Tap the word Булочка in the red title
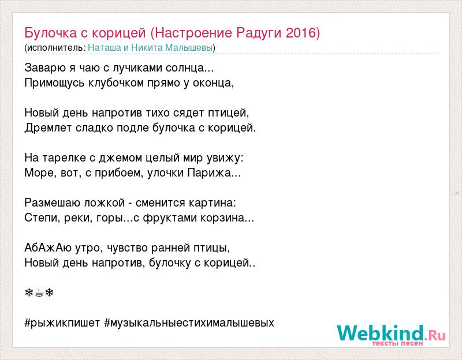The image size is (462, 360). pos(51,33)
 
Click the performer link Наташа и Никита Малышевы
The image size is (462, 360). pos(150,47)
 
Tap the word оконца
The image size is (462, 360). pos(212,83)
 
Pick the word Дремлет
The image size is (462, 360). pos(48,127)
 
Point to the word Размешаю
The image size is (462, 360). pos(52,203)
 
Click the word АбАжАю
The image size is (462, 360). pos(48,248)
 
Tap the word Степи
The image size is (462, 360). pos(42,218)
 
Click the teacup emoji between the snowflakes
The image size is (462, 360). pos(39,293)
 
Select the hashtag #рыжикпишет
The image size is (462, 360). pos(62,323)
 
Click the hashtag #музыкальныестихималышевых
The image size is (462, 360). pos(189,323)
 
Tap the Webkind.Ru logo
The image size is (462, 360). pos(391,335)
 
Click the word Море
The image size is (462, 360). pos(40,172)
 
